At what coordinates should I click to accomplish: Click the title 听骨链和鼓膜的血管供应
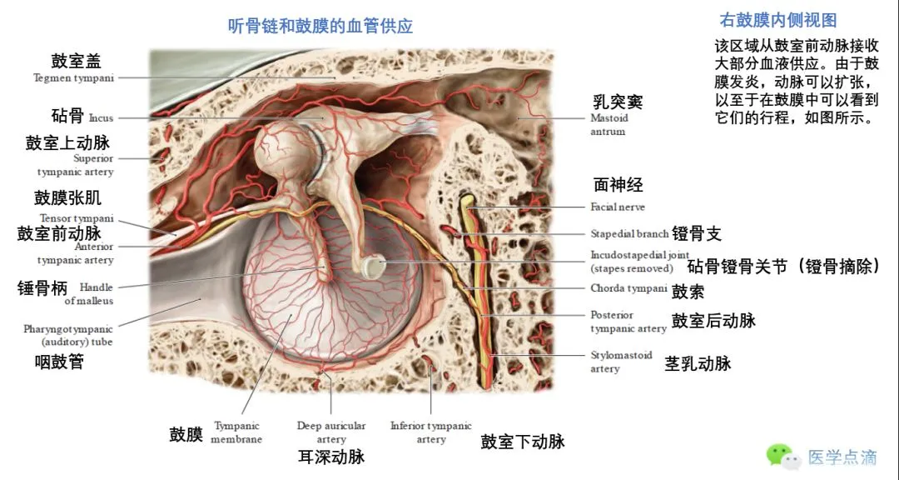pyautogui.click(x=320, y=26)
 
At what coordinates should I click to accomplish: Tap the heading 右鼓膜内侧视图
pyautogui.click(x=777, y=21)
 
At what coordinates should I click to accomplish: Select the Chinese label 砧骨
pyautogui.click(x=67, y=115)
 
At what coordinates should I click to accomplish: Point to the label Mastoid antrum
pyautogui.click(x=609, y=124)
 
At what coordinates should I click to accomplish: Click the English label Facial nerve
pyautogui.click(x=618, y=207)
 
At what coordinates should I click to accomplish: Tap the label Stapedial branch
pyautogui.click(x=629, y=234)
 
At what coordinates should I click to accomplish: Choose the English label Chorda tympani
pyautogui.click(x=628, y=289)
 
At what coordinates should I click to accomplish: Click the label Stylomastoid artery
pyautogui.click(x=621, y=362)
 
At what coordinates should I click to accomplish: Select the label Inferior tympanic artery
pyautogui.click(x=430, y=432)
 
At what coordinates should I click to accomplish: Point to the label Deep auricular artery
pyautogui.click(x=331, y=432)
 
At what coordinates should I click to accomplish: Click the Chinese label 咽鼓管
pyautogui.click(x=59, y=362)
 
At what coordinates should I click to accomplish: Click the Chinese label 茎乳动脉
pyautogui.click(x=697, y=363)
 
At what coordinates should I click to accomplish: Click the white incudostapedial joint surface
pyautogui.click(x=371, y=267)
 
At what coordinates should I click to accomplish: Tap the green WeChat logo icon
pyautogui.click(x=780, y=455)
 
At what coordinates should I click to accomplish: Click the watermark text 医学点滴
pyautogui.click(x=842, y=457)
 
